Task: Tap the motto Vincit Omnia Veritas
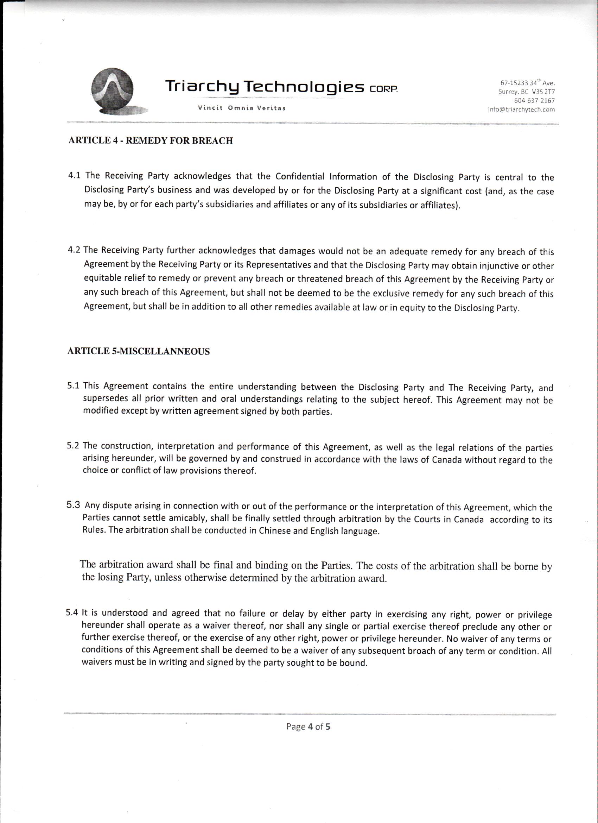(x=242, y=108)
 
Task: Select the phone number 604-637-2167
(x=534, y=100)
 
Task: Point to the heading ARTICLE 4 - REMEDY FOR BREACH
(x=151, y=140)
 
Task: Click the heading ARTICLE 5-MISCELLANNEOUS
(x=139, y=351)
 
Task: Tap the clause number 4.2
(x=74, y=250)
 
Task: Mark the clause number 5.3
(x=73, y=505)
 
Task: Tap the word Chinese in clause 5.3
(x=274, y=531)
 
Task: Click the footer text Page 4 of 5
(x=308, y=727)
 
